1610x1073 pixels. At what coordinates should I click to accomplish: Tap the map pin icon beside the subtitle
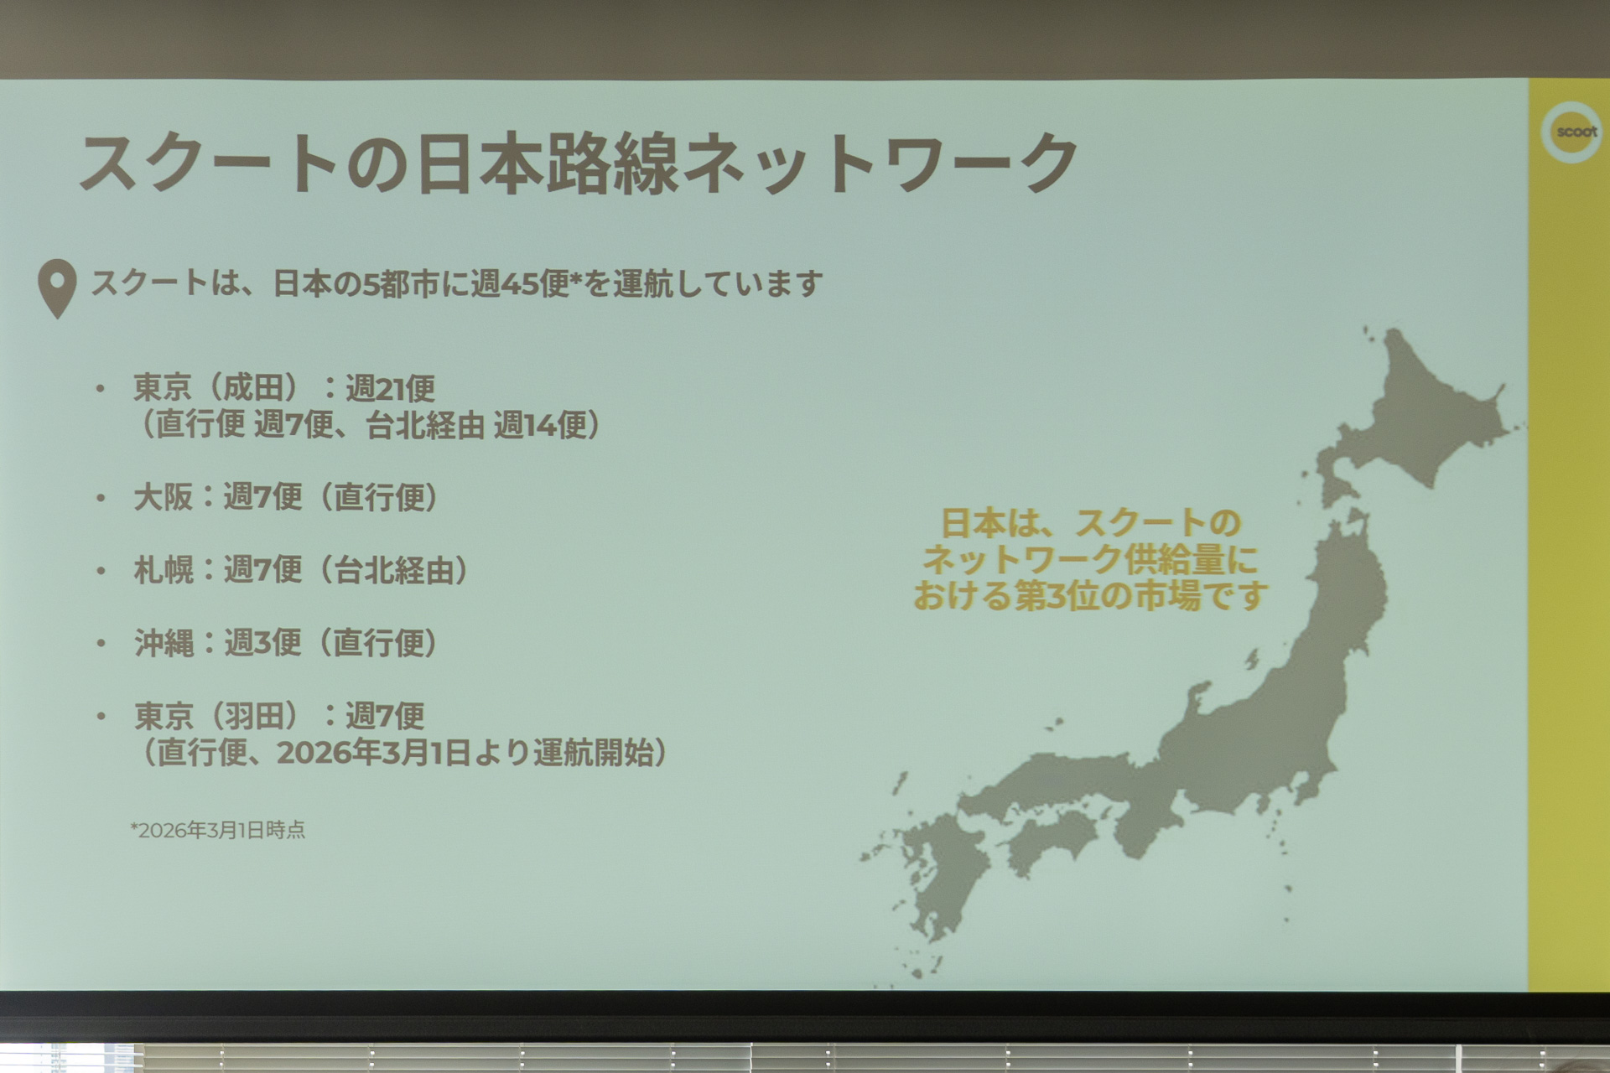point(57,288)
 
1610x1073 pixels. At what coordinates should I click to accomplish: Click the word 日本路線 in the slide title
point(547,163)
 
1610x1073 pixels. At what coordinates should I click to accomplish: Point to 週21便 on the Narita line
point(390,388)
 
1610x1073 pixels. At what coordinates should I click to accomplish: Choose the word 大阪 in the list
point(164,497)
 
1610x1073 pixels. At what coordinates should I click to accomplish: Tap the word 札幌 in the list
point(164,570)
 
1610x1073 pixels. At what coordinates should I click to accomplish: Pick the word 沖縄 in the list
point(164,643)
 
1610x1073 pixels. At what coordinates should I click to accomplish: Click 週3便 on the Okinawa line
point(262,643)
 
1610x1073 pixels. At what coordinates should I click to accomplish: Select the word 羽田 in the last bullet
point(252,716)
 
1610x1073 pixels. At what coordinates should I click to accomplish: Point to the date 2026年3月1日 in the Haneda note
point(372,753)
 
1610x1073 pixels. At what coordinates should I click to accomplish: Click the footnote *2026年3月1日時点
point(218,830)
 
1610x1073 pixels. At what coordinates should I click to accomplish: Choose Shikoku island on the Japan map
point(1052,838)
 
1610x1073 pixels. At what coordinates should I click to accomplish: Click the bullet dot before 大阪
point(101,498)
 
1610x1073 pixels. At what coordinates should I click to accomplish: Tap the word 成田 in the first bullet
point(252,388)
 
